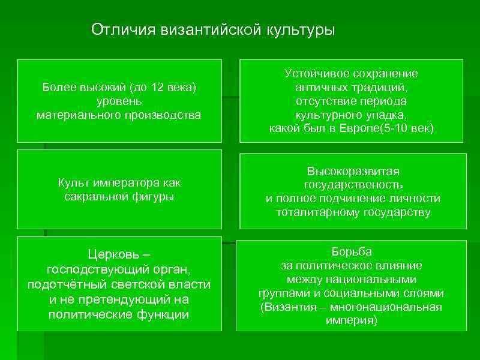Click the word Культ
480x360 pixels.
point(73,182)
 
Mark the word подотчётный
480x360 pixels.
point(64,284)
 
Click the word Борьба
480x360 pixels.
point(352,251)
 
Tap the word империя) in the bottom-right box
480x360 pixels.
point(352,321)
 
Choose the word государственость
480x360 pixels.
point(353,184)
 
